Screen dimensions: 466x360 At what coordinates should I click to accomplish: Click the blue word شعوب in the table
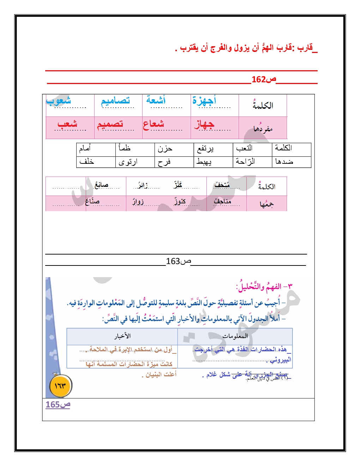(59, 101)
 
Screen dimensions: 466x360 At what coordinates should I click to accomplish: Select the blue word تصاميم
(115, 101)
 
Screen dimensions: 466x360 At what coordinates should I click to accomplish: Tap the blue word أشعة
(156, 100)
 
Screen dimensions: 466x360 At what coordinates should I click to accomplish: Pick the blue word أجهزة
(204, 101)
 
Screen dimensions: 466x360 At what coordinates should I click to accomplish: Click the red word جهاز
(204, 124)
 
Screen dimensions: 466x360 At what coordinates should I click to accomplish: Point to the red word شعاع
(154, 124)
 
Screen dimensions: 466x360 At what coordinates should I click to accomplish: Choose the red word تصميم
(110, 124)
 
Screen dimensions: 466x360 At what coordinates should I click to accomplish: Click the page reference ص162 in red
(264, 79)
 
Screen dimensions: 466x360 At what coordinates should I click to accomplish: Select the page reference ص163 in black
(178, 261)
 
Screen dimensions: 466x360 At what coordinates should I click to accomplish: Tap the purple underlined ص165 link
(58, 405)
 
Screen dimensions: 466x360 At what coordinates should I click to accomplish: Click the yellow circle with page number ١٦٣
(60, 386)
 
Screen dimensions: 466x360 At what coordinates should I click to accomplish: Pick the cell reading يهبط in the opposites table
(204, 162)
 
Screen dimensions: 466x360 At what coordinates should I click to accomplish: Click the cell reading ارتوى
(128, 162)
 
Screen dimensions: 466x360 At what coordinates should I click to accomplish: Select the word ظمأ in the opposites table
(125, 148)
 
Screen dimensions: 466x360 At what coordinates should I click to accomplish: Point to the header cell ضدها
(284, 162)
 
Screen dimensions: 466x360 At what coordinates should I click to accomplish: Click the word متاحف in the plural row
(222, 202)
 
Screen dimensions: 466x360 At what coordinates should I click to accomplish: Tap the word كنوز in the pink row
(180, 202)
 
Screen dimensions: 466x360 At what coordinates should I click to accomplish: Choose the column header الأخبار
(122, 336)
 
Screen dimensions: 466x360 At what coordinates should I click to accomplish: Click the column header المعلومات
(235, 336)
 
